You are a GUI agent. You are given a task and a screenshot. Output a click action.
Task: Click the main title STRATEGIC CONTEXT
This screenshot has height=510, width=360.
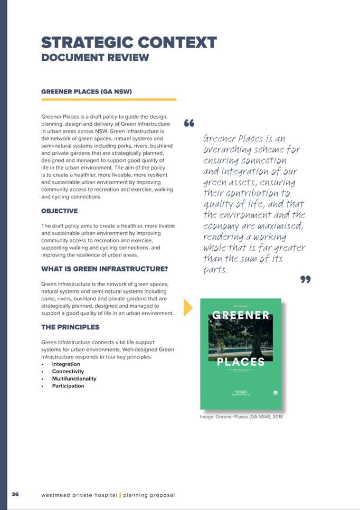(129, 42)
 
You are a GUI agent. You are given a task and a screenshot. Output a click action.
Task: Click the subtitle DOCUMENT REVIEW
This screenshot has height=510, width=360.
(95, 58)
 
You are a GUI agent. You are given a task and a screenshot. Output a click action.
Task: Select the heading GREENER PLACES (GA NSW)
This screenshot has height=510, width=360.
(86, 91)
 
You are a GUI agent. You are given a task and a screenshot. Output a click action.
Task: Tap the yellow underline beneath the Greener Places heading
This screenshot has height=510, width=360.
(108, 99)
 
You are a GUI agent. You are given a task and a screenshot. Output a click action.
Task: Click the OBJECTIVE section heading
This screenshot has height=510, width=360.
(59, 211)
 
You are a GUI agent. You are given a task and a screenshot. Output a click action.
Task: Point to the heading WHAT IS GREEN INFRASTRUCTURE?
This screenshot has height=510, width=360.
(105, 269)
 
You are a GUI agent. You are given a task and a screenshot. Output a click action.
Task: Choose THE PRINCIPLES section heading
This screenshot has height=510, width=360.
(70, 327)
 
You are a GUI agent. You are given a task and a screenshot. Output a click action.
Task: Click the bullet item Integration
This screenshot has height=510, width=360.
(66, 364)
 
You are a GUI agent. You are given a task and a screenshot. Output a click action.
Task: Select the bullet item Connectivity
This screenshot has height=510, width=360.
(68, 372)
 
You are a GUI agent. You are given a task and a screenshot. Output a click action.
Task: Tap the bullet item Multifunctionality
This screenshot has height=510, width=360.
(74, 379)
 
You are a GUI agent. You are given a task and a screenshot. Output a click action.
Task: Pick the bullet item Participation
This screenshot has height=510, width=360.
(68, 386)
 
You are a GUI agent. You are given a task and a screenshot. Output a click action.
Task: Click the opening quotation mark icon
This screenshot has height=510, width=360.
(190, 124)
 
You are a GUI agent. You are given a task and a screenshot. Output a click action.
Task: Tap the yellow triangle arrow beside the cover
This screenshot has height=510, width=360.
(188, 308)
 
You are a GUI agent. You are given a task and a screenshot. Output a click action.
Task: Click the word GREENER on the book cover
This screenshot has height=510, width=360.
(241, 316)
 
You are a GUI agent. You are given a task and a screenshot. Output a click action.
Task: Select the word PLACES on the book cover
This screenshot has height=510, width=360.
(241, 362)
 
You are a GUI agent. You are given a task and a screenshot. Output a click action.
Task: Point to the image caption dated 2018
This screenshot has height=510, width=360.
(242, 417)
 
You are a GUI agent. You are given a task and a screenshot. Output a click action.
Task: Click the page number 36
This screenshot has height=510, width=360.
(15, 494)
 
